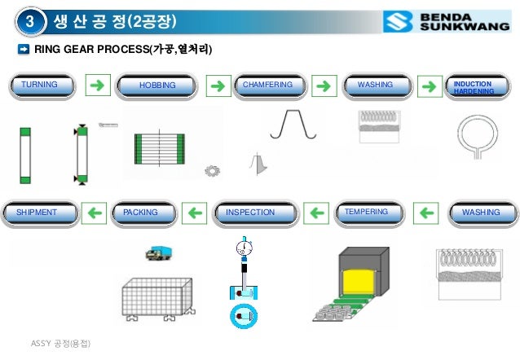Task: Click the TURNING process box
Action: (x=43, y=86)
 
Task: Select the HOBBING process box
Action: (x=157, y=86)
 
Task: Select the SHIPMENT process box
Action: (x=41, y=213)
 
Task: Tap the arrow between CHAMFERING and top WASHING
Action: (x=324, y=86)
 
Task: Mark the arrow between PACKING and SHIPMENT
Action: (x=95, y=213)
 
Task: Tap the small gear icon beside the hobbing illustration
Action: (x=213, y=170)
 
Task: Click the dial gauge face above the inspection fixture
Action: (x=241, y=248)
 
